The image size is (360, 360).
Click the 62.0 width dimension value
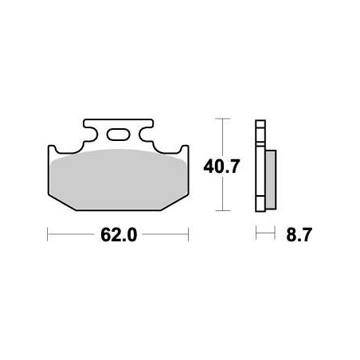point(118,237)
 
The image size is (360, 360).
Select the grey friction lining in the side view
point(270,179)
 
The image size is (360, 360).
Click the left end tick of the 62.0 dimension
point(49,236)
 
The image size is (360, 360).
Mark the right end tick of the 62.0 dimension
point(187,236)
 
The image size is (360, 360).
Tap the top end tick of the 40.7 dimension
point(221,120)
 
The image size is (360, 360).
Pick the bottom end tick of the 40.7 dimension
point(221,213)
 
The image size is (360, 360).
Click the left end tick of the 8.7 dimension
point(256,236)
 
